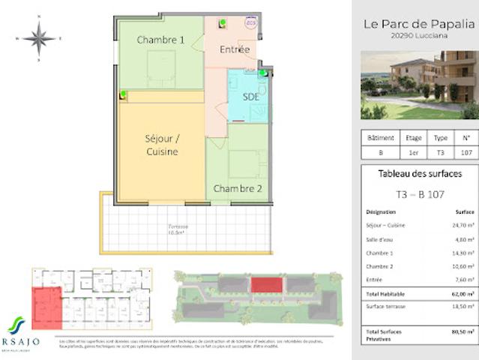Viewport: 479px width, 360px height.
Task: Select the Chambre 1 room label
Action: click(x=160, y=40)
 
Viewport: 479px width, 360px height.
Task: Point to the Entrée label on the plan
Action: click(x=235, y=49)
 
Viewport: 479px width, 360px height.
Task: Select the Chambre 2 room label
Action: click(x=238, y=189)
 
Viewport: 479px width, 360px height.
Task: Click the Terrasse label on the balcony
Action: click(x=178, y=228)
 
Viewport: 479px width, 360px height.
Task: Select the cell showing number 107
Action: click(x=466, y=151)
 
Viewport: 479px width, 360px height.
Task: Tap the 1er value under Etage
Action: click(x=414, y=151)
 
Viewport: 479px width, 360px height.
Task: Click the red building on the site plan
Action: click(x=263, y=285)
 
